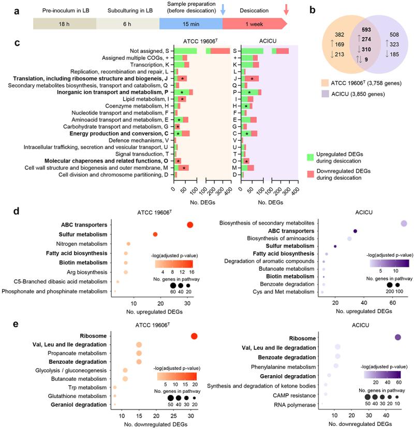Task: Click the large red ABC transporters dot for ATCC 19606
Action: (190, 225)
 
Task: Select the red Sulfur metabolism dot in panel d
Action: (155, 234)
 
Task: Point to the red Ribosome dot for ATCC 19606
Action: (194, 336)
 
